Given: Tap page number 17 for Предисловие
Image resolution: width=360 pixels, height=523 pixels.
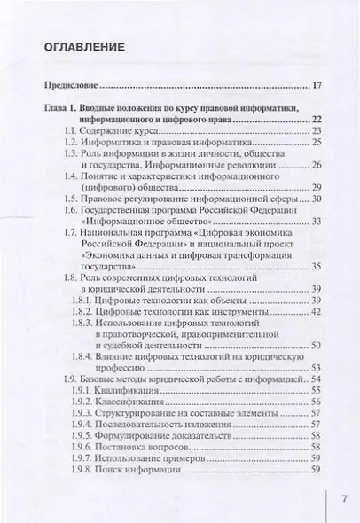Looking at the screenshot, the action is (x=318, y=87).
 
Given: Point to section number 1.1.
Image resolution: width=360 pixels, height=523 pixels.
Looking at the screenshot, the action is (x=74, y=130).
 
